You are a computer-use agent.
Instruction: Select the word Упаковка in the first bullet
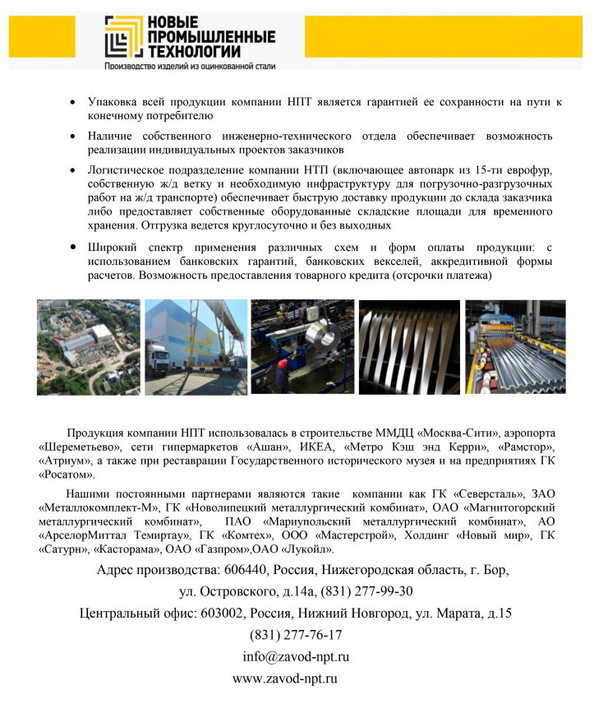pos(113,103)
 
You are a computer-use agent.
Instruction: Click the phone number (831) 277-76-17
pos(296,635)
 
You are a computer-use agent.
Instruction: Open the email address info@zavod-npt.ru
pos(296,657)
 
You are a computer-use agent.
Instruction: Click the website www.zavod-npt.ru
pos(286,679)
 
